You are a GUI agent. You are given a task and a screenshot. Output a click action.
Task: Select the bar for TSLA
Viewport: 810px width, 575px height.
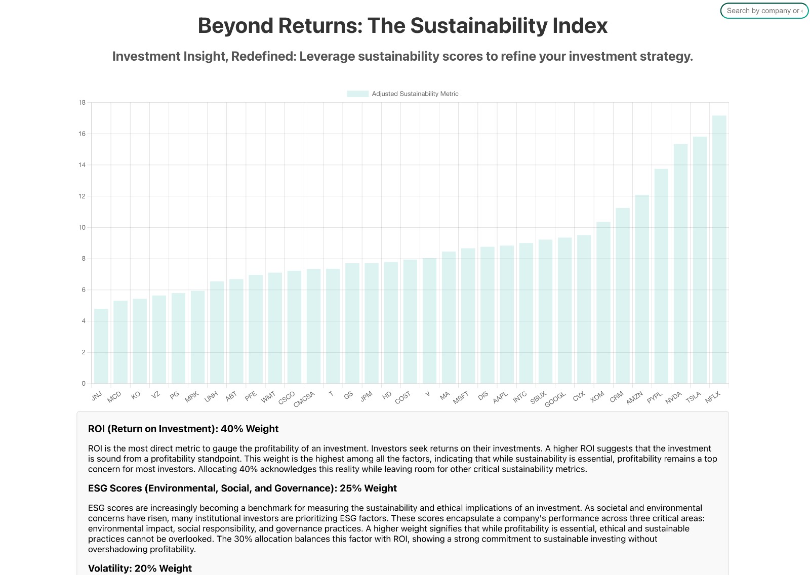click(x=700, y=260)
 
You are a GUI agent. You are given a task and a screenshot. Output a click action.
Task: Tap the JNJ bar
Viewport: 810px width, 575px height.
click(x=101, y=346)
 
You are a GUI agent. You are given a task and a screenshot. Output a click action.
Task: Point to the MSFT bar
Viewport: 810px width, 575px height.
click(x=468, y=316)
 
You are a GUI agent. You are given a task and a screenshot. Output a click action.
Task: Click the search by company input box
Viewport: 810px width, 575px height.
click(x=764, y=11)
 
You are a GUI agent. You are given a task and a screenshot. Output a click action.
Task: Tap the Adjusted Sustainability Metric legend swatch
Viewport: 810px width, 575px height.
click(x=357, y=94)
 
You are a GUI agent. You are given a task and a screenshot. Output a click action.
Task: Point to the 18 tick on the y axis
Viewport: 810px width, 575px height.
click(x=82, y=103)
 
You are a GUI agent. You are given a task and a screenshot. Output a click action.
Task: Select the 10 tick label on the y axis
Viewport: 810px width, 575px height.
click(x=82, y=228)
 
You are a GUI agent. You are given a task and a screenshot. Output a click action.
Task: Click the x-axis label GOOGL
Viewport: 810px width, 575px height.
click(x=555, y=399)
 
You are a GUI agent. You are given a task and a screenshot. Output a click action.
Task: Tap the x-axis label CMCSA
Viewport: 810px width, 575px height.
click(x=304, y=399)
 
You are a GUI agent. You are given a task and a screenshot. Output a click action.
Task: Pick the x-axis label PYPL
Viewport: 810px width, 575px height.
click(x=655, y=397)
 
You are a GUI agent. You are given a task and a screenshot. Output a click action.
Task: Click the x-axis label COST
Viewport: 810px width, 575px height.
click(x=403, y=398)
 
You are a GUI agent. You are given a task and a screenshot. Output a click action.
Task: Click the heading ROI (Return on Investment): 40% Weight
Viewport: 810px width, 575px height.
click(x=183, y=429)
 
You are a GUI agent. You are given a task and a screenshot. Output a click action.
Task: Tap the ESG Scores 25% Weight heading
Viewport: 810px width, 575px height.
click(x=242, y=488)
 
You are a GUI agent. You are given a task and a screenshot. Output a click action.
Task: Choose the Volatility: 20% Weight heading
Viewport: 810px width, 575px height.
click(x=140, y=568)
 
